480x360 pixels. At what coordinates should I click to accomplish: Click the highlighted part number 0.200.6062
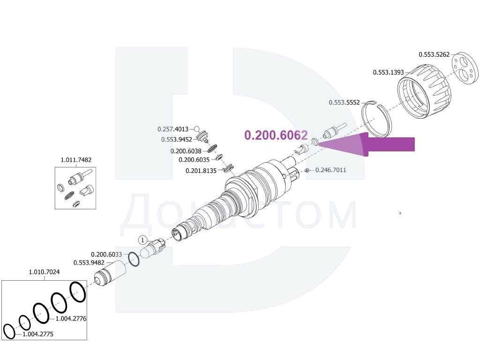click(276, 135)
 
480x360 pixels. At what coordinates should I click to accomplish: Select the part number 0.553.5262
click(434, 54)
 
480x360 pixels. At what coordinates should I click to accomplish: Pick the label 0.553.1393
click(388, 73)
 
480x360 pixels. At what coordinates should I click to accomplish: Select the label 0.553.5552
click(344, 103)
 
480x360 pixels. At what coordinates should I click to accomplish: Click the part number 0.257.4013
click(172, 129)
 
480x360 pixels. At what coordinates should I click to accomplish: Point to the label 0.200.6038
click(186, 151)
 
